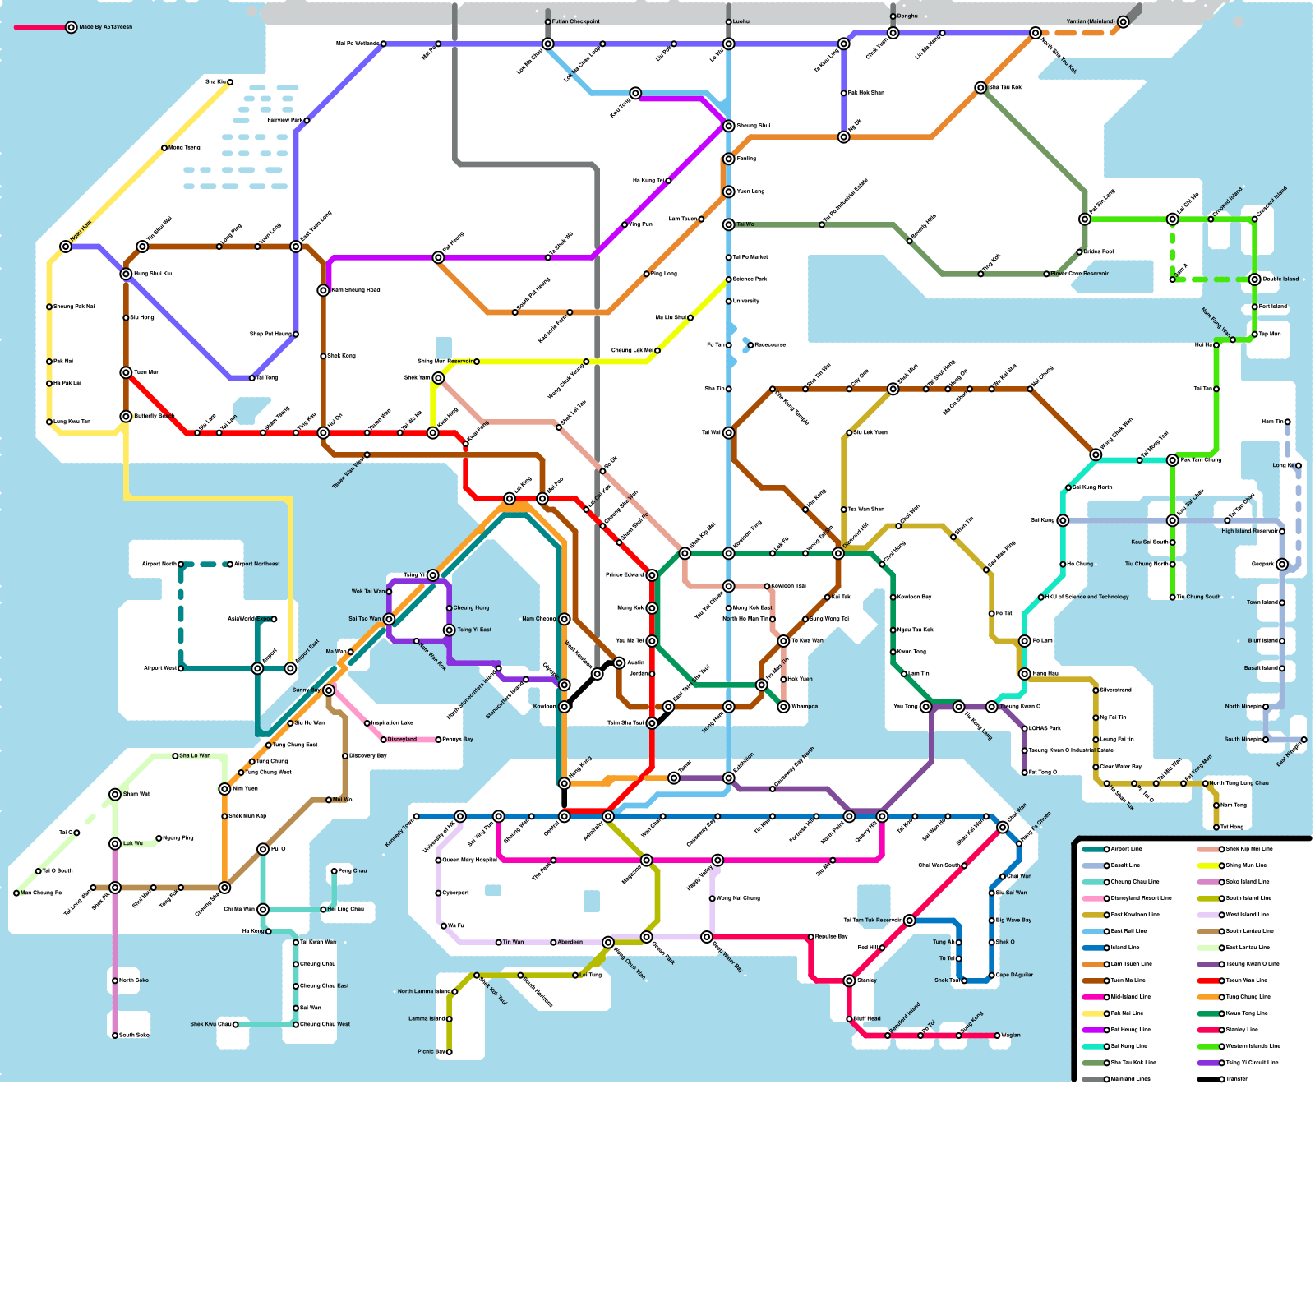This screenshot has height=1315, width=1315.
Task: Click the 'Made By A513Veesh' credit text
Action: (105, 27)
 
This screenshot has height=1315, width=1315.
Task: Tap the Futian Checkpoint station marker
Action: (548, 21)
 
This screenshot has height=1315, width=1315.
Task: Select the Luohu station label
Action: (741, 21)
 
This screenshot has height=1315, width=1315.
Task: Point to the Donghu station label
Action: (907, 16)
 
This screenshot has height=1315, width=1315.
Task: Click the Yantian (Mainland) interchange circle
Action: (1123, 21)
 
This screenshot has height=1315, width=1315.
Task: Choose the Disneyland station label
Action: (402, 739)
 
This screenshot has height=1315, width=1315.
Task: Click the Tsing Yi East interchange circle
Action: (449, 630)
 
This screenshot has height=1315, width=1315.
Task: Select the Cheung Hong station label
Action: (471, 607)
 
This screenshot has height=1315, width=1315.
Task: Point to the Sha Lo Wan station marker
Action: (175, 755)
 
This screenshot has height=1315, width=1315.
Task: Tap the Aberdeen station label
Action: (570, 942)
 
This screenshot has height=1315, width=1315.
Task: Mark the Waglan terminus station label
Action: (1011, 1035)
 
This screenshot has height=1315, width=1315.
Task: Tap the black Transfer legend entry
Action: (1236, 1079)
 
